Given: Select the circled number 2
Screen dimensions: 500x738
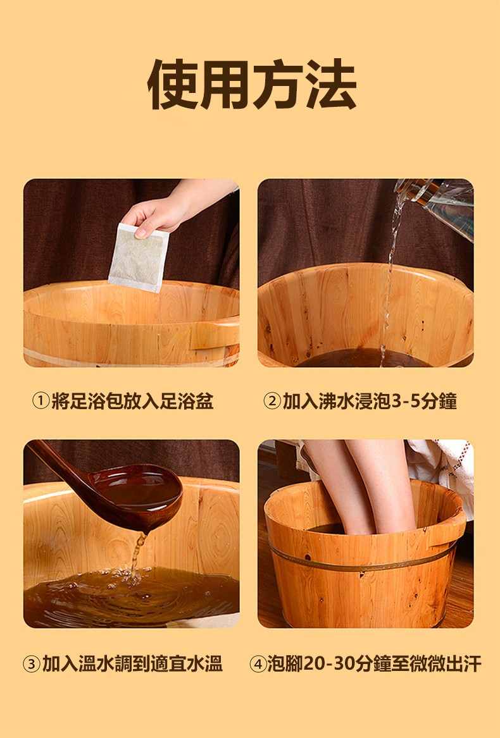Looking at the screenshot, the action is (x=272, y=402).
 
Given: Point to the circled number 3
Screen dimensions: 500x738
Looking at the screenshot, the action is (x=31, y=663).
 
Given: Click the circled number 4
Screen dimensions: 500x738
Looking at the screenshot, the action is (x=258, y=663).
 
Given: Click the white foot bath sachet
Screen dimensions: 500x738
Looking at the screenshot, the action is (x=139, y=257).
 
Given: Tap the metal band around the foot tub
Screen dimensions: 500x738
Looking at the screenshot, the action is (x=362, y=561).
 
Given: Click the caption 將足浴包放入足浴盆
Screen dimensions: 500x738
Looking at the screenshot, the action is (x=132, y=402).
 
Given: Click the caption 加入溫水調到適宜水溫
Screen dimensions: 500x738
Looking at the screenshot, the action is (x=132, y=663).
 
